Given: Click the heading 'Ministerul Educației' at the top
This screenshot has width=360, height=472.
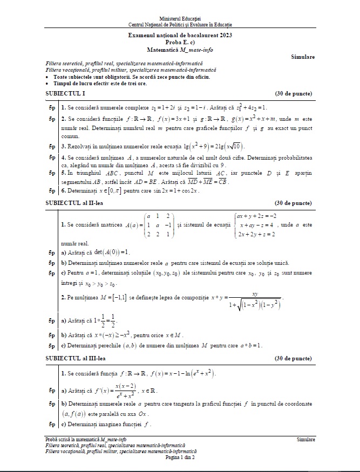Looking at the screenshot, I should point(180,19).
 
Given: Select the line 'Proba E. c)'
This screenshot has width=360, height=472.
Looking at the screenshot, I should point(180,42).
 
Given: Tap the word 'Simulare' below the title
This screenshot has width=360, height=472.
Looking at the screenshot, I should point(302,57).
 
